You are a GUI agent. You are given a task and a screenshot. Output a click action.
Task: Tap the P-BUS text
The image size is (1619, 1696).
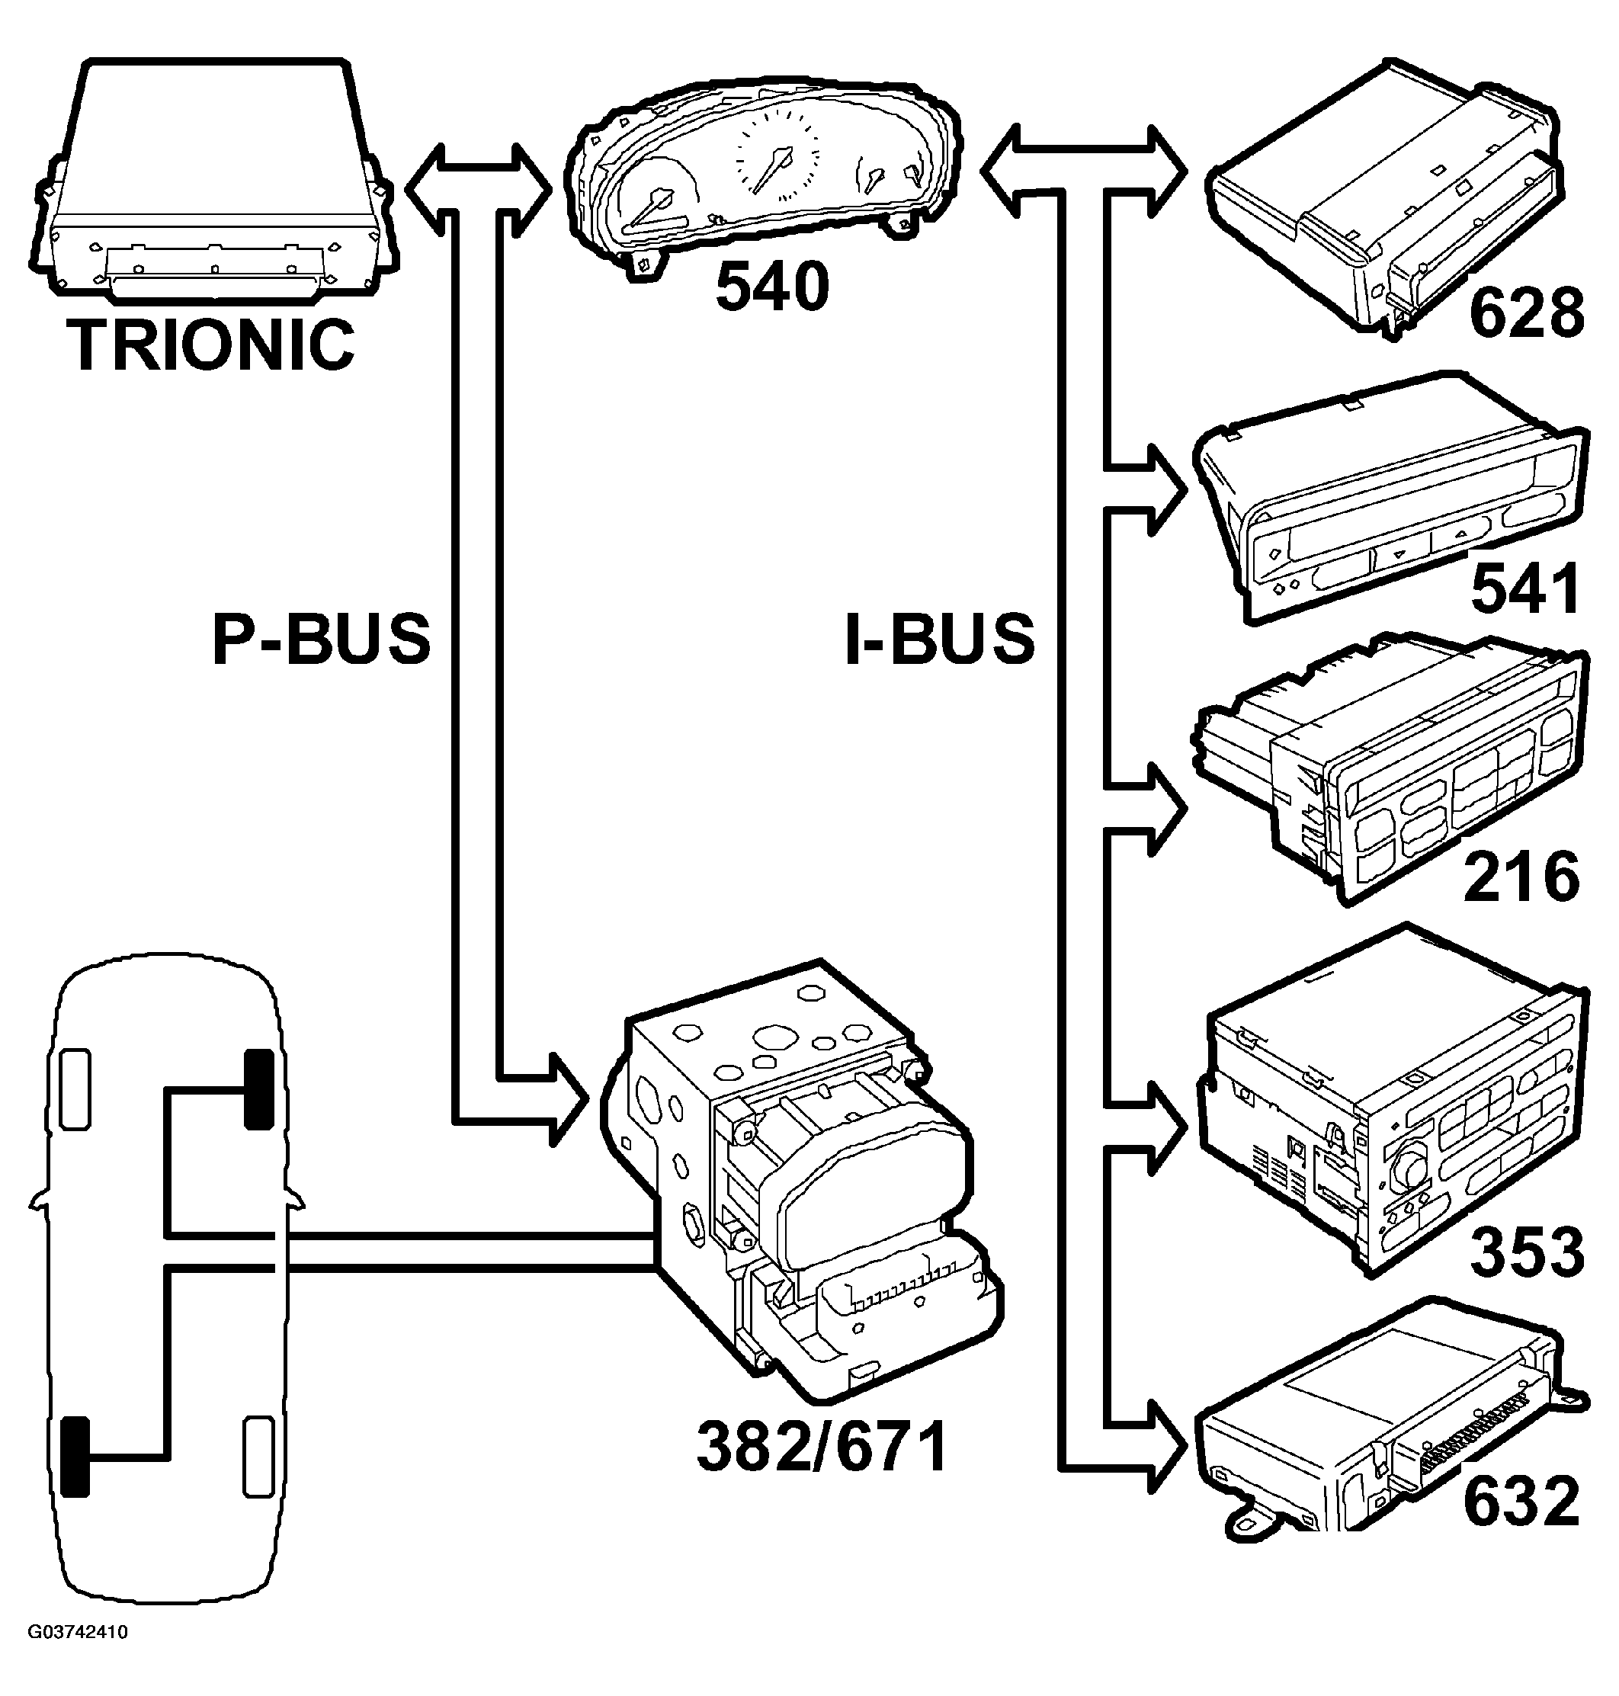point(321,639)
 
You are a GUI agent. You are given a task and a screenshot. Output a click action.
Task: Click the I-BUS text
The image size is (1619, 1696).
point(939,639)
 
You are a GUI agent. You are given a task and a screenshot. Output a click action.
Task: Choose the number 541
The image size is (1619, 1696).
point(1527,589)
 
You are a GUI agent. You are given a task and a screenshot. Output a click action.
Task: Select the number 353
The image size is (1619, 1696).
point(1527,1252)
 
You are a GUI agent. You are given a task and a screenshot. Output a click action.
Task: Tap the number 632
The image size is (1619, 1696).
point(1521,1502)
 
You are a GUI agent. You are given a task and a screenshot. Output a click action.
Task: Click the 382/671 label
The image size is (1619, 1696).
point(822,1448)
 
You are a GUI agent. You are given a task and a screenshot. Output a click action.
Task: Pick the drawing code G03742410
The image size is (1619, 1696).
point(78,1632)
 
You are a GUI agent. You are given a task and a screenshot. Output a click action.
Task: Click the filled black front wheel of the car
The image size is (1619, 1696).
point(258,1088)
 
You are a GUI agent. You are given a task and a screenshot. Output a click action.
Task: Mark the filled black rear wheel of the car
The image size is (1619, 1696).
point(76,1456)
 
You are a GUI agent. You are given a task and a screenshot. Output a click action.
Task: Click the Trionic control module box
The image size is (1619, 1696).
point(211,181)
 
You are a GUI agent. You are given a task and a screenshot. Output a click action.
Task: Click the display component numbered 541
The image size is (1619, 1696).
point(1390,501)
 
